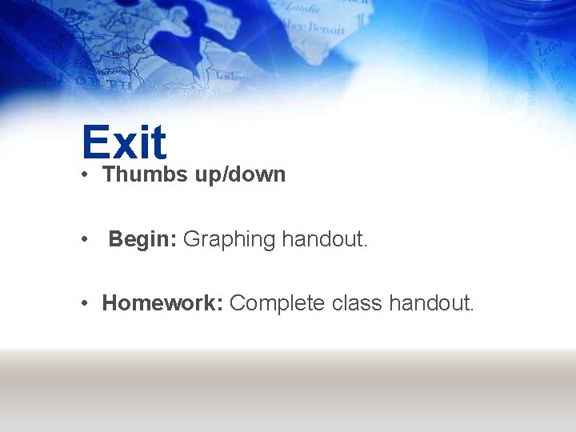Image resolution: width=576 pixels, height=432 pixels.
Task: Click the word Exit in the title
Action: (124, 142)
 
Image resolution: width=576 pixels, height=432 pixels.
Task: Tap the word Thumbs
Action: (145, 174)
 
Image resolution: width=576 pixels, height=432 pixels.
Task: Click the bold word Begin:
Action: (143, 239)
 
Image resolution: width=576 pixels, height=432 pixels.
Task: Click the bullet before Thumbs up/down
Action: (84, 175)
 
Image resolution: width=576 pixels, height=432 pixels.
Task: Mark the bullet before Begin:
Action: (84, 239)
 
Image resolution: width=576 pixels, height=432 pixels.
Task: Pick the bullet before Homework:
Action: (84, 303)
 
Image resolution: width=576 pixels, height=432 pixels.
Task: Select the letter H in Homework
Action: (110, 303)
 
